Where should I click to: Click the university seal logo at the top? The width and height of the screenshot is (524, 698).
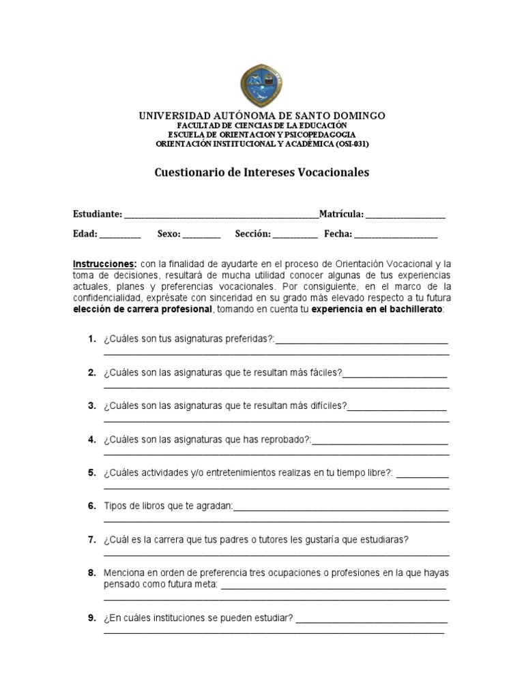(x=262, y=83)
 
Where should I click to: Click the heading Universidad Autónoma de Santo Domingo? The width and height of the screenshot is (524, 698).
(x=262, y=116)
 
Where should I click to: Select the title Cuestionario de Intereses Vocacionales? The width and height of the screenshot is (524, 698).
(x=262, y=172)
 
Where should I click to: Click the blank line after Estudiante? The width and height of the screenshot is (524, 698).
(x=221, y=215)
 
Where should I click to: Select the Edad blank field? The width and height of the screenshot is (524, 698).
(x=120, y=234)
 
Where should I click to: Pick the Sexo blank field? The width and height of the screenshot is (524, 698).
(x=202, y=234)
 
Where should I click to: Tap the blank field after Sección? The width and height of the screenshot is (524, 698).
(x=295, y=234)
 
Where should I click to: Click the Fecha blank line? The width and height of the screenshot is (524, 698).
(x=396, y=234)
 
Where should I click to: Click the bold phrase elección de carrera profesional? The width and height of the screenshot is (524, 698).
(x=143, y=309)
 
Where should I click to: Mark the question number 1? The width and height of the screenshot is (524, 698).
(x=91, y=339)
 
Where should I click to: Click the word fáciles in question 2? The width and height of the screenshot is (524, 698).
(x=325, y=373)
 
